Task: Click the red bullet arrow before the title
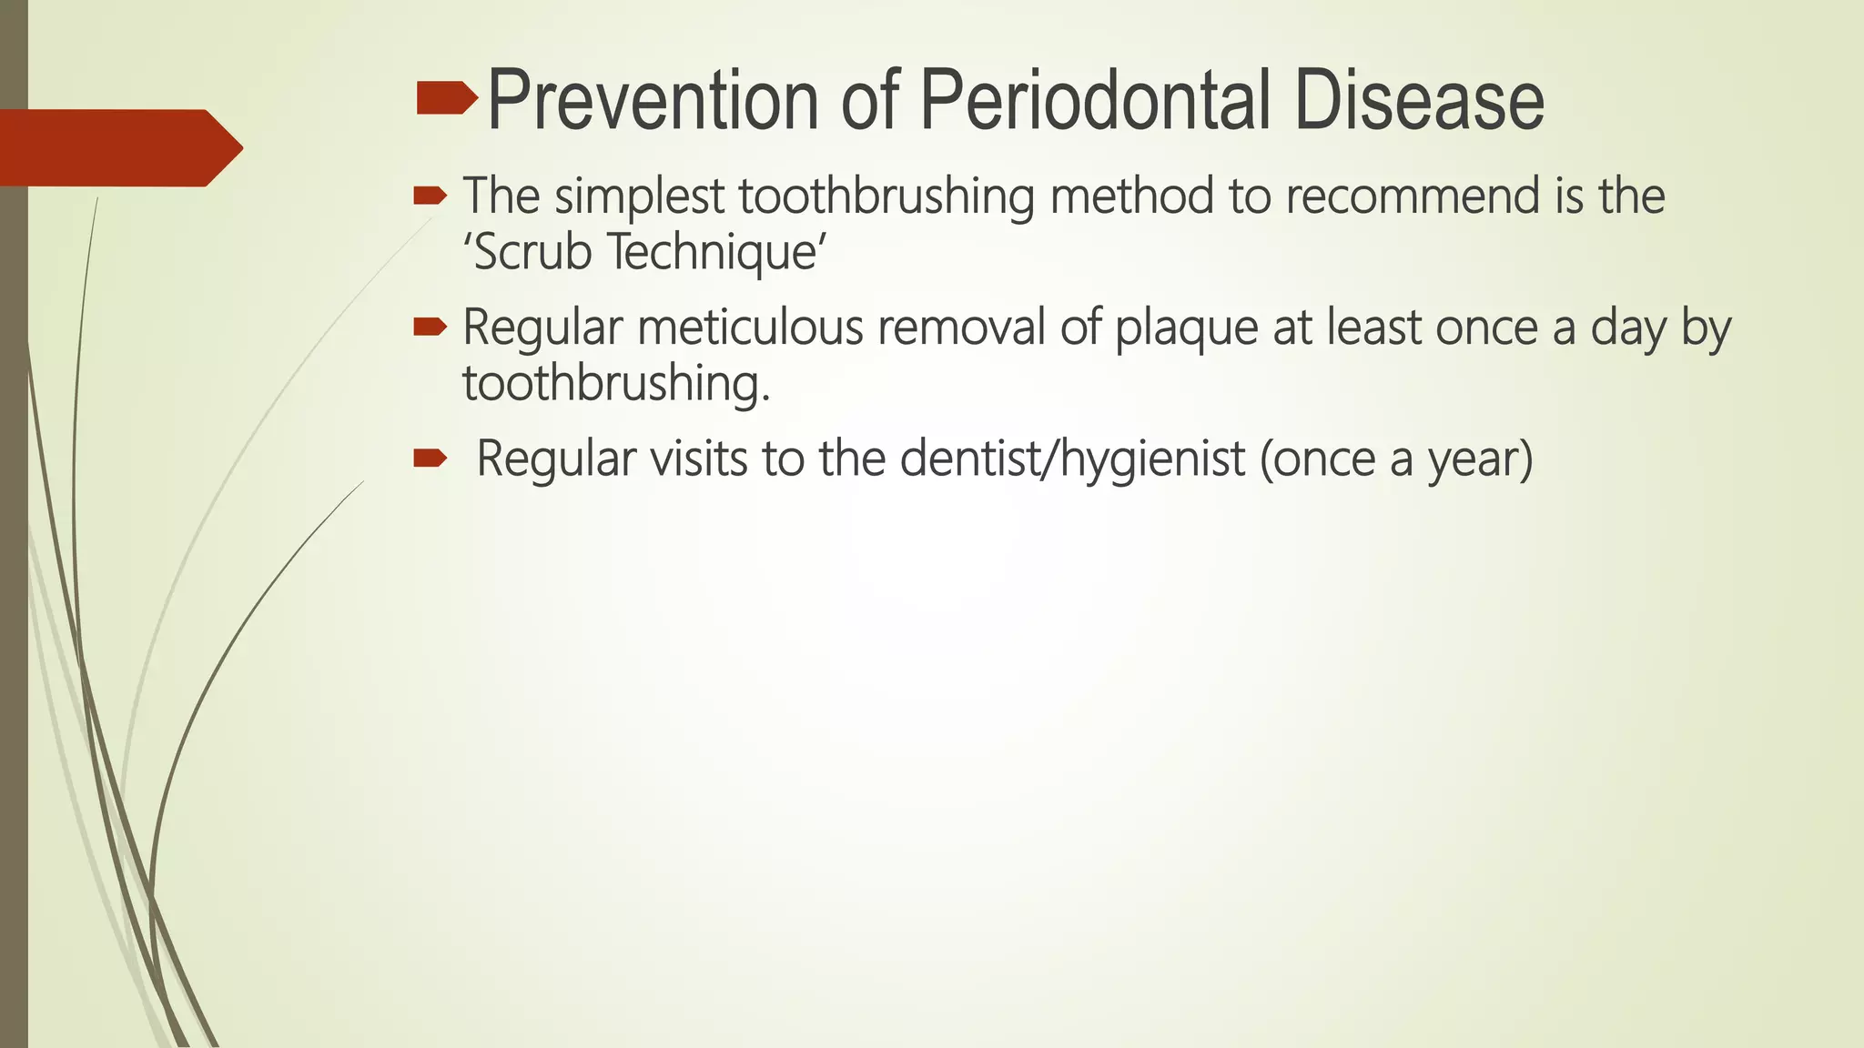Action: pos(446,98)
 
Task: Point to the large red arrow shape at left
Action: pos(118,147)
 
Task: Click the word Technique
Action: pos(715,252)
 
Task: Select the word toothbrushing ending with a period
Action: pos(615,383)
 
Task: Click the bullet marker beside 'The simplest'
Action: pos(430,196)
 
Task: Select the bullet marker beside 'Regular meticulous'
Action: pos(430,327)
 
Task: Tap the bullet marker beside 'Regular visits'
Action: pos(430,458)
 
